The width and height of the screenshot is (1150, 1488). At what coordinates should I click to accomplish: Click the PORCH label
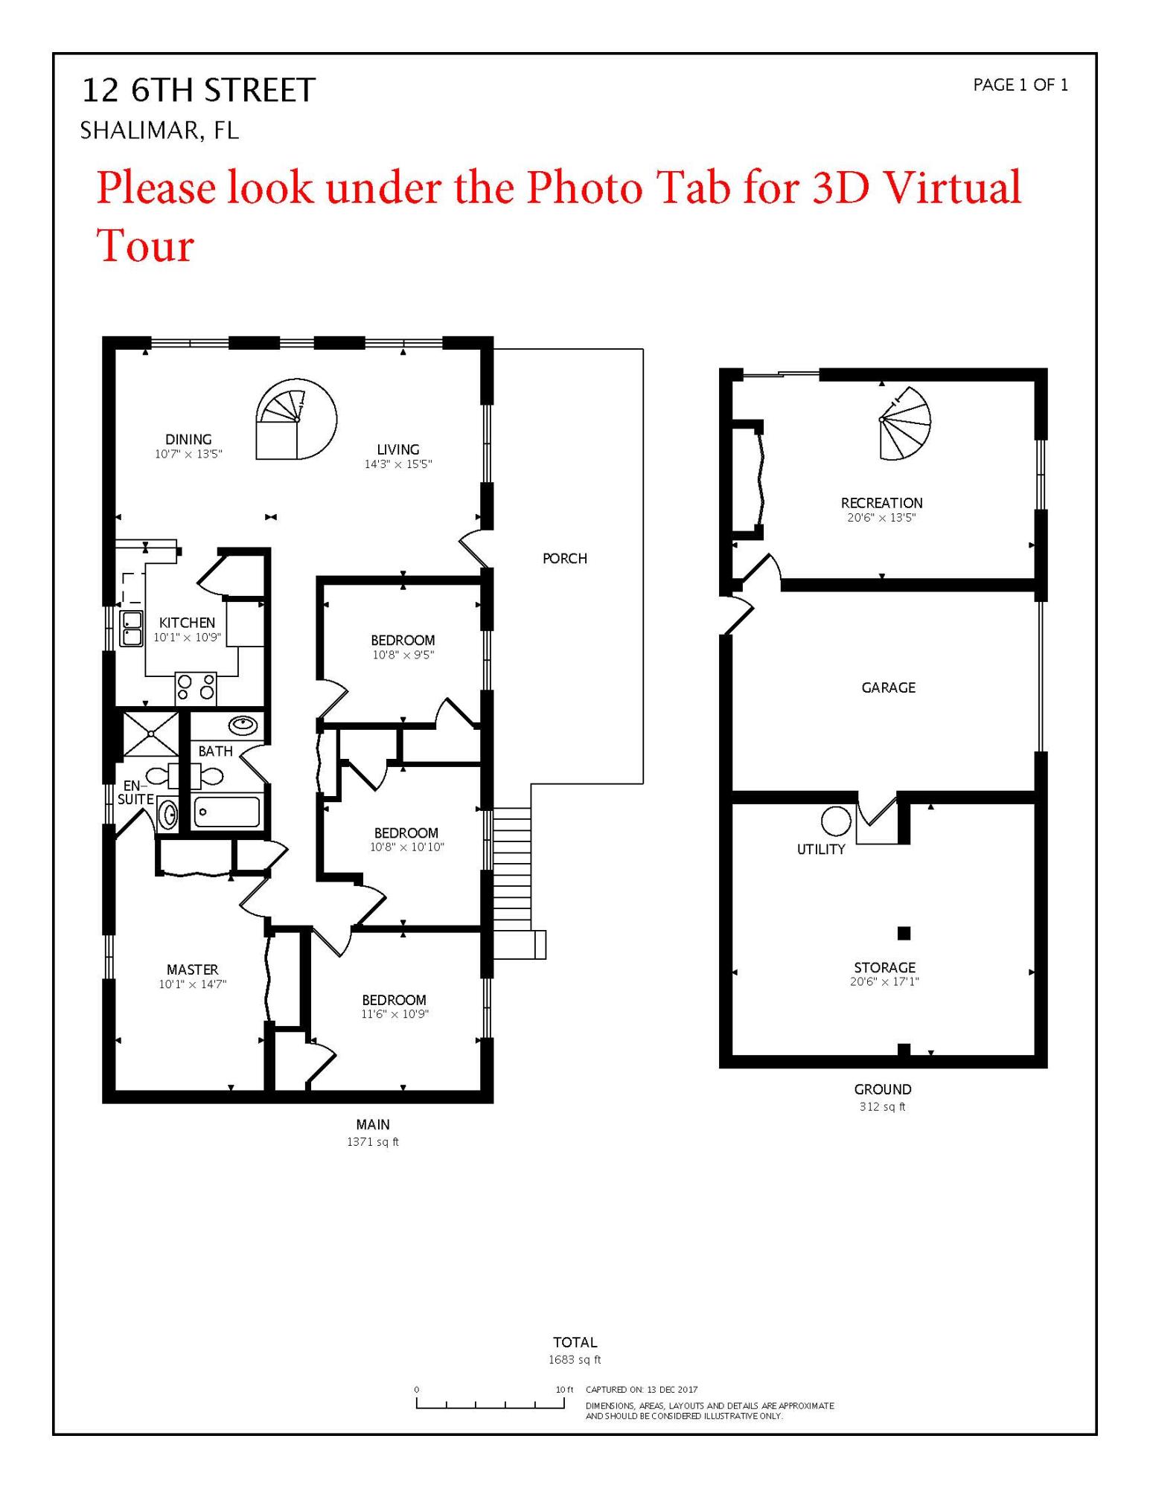click(x=564, y=558)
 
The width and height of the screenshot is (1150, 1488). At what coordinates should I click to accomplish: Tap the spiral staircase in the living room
click(x=296, y=420)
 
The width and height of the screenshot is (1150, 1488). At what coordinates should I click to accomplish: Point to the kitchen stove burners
click(x=196, y=688)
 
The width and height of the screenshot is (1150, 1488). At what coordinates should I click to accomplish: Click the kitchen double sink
click(x=132, y=629)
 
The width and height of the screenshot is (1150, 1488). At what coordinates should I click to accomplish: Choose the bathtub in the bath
click(x=227, y=812)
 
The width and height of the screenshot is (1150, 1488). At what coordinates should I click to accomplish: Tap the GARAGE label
click(x=888, y=687)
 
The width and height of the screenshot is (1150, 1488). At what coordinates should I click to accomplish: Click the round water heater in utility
click(x=836, y=821)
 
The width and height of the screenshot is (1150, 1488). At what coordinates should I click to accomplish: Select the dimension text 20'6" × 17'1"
click(x=884, y=982)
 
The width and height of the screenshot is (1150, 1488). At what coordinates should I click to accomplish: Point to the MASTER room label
click(x=192, y=969)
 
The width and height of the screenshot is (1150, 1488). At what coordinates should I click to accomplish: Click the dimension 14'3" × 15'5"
click(x=397, y=464)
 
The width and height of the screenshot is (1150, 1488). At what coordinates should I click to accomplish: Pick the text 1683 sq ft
click(x=575, y=1360)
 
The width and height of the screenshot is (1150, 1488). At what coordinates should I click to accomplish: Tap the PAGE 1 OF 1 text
click(x=1020, y=86)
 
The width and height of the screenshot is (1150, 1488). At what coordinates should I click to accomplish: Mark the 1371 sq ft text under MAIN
click(x=372, y=1142)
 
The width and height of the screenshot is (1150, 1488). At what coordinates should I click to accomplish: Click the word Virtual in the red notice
click(x=951, y=187)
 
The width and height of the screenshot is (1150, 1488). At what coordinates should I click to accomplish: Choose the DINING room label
click(x=188, y=440)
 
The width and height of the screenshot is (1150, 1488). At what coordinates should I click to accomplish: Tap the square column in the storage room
click(x=904, y=933)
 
